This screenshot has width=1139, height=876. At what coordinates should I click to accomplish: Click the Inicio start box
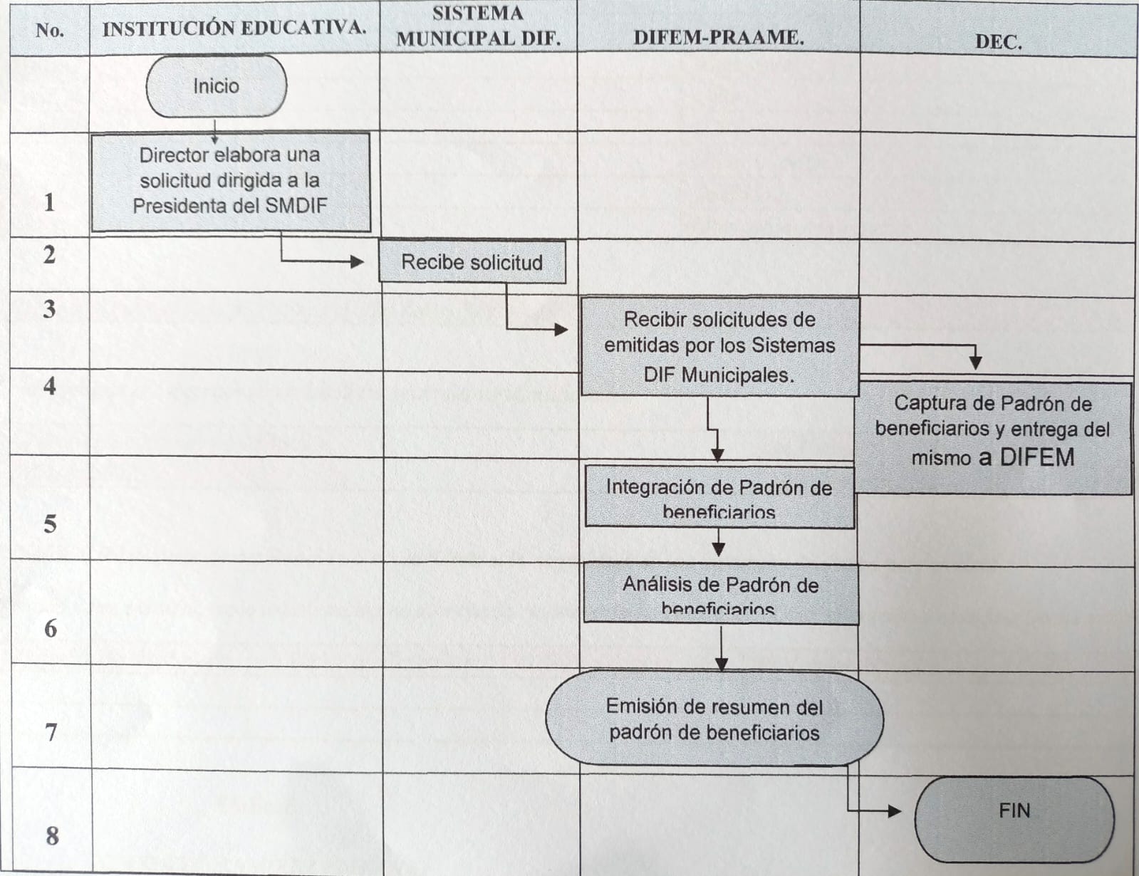(216, 86)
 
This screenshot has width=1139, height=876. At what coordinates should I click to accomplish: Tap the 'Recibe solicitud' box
(472, 262)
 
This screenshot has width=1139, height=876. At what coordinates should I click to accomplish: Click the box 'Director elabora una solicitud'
(230, 181)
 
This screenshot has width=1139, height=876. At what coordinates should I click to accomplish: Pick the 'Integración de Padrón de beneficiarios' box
(719, 498)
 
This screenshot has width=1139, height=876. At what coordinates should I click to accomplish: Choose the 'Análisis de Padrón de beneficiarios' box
(720, 595)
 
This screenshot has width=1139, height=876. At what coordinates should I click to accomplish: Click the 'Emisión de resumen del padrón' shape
(714, 719)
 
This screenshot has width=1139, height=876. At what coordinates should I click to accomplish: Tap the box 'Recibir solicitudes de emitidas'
(719, 347)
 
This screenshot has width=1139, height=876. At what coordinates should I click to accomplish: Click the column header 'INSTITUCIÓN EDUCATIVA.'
(234, 28)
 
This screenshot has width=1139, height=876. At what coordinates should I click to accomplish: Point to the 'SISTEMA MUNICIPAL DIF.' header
(478, 26)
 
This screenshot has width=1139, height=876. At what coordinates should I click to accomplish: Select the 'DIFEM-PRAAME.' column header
(718, 38)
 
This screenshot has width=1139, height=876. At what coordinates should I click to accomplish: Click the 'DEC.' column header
(998, 42)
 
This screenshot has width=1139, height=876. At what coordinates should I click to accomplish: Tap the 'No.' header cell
(49, 30)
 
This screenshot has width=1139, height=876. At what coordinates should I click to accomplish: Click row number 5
(50, 524)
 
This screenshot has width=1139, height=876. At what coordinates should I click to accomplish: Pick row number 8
(51, 835)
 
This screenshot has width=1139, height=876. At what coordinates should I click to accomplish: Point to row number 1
(48, 202)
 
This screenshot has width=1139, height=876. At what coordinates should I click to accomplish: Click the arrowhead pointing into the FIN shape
(894, 810)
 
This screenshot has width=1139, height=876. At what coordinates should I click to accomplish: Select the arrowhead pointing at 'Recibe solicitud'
(358, 261)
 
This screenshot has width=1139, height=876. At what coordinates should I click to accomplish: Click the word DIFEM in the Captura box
(1036, 457)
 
